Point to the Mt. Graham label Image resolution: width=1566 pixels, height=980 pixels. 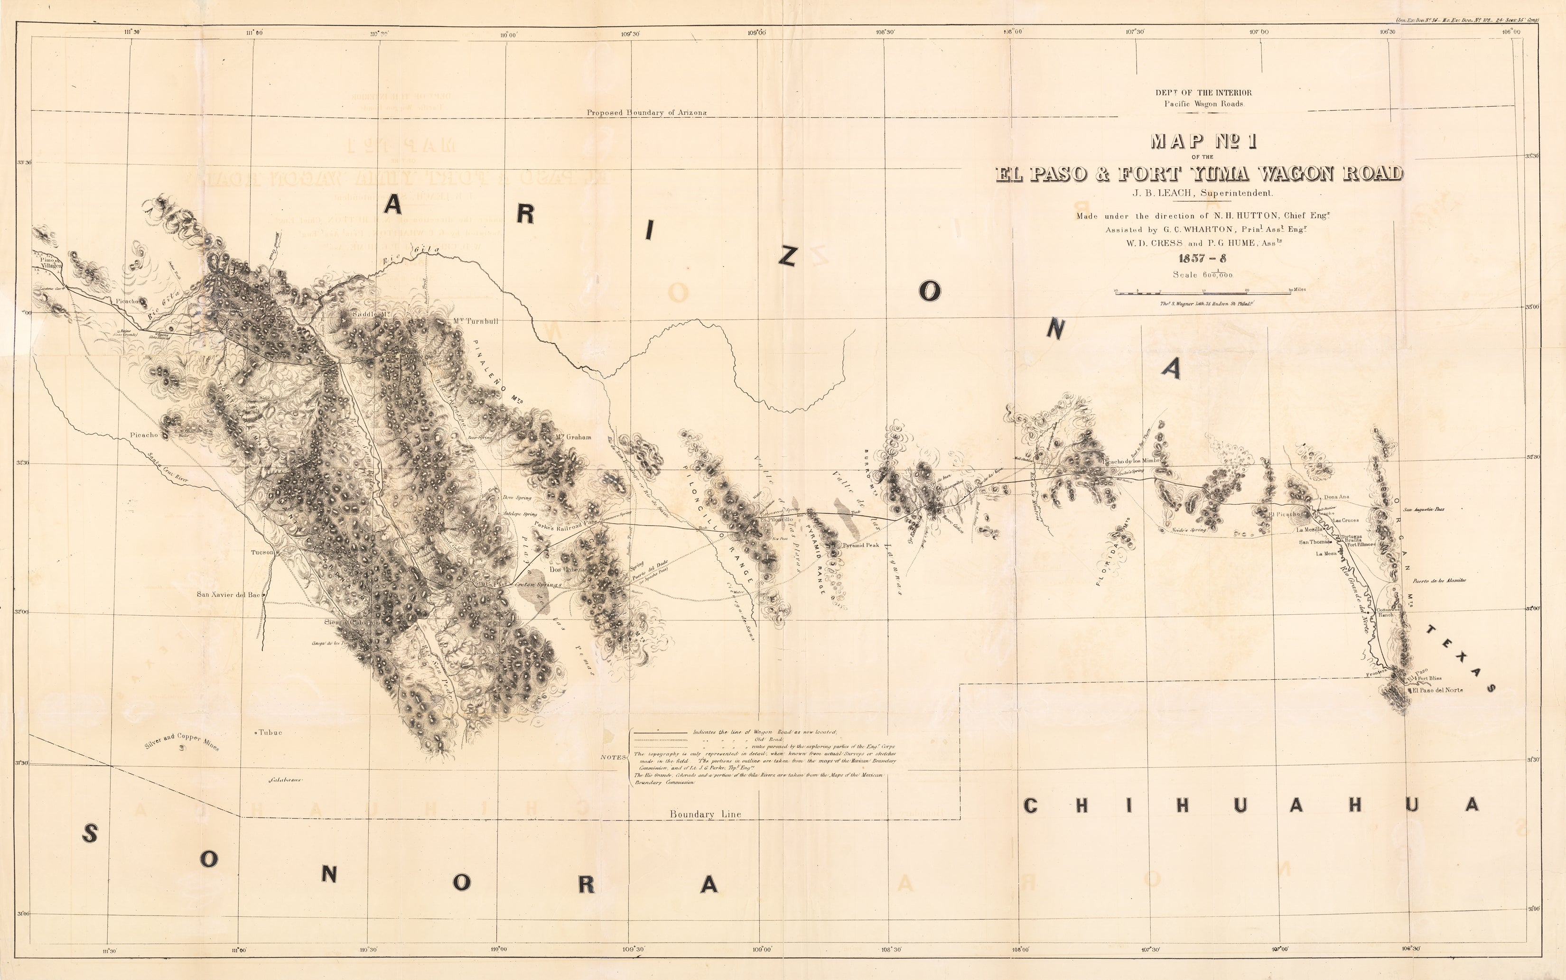[x=573, y=437]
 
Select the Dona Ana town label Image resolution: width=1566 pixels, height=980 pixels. [x=1336, y=497]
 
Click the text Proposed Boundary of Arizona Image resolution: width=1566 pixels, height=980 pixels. [x=646, y=113]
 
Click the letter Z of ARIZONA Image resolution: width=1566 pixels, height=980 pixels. [x=787, y=257]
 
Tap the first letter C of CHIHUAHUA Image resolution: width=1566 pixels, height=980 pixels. [x=1031, y=805]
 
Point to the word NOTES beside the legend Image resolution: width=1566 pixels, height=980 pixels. [x=613, y=757]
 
